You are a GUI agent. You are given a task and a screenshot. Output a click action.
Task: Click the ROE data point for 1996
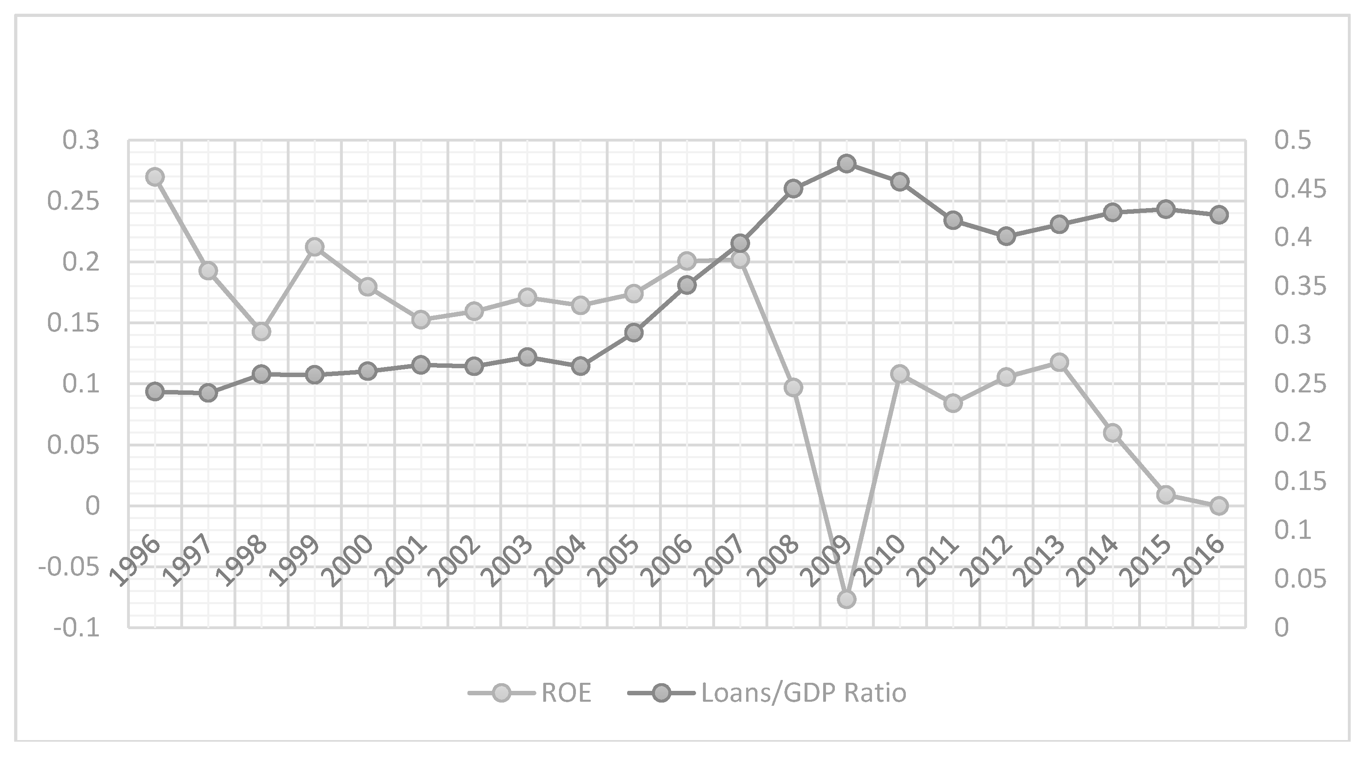click(x=154, y=177)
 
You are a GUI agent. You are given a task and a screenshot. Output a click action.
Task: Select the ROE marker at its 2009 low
click(x=846, y=599)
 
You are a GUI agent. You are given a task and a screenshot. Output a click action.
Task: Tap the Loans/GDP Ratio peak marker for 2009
click(x=846, y=164)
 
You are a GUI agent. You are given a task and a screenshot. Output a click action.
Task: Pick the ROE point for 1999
click(x=315, y=247)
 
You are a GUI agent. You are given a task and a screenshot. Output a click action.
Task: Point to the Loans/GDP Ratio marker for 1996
click(x=154, y=392)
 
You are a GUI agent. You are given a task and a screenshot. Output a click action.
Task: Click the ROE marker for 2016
click(x=1219, y=506)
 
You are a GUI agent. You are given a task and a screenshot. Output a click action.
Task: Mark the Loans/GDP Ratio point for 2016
click(x=1219, y=215)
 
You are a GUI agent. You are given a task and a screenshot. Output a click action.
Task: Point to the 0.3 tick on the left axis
click(x=81, y=141)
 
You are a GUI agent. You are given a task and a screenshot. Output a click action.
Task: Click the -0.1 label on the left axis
click(x=76, y=628)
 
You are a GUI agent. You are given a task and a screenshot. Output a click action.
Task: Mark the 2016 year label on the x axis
click(x=1202, y=561)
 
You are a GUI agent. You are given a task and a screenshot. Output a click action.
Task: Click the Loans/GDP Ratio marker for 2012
click(x=1006, y=236)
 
